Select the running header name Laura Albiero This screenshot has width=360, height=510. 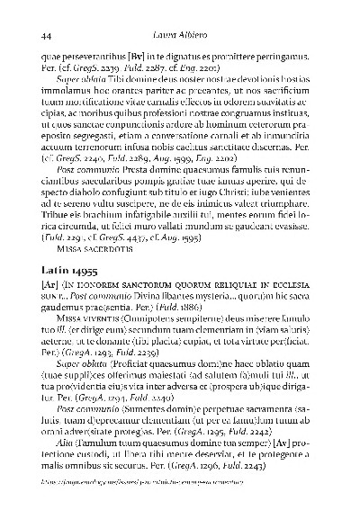[179, 35]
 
